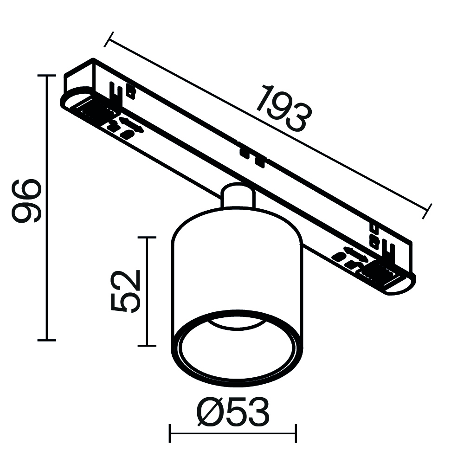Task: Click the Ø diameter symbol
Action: point(208,412)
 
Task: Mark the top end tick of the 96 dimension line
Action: point(46,75)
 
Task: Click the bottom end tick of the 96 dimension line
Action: point(46,340)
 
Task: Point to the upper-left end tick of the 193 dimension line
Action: point(108,39)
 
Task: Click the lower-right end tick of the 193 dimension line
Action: point(428,211)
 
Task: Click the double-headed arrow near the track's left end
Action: point(131,124)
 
